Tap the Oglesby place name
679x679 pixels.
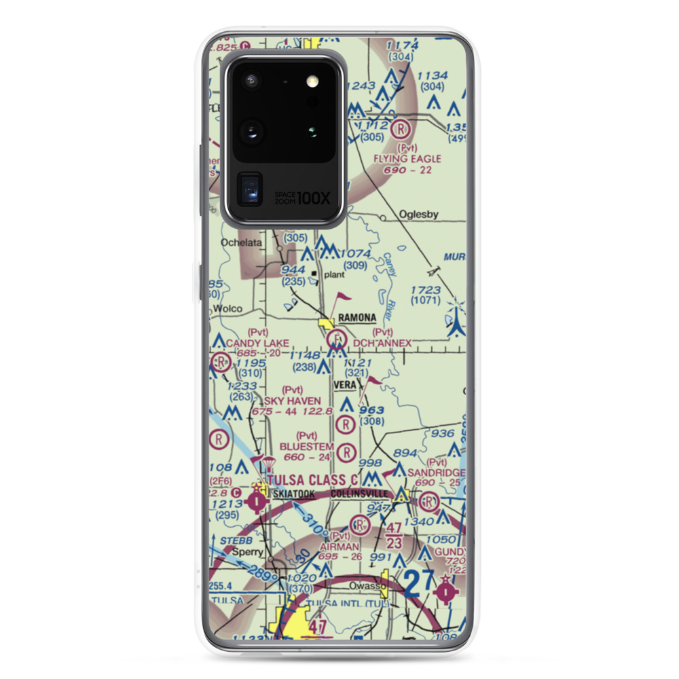point(418,215)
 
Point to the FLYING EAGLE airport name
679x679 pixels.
point(407,159)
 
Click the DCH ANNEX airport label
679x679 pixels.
point(382,344)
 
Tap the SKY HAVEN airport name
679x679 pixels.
point(293,401)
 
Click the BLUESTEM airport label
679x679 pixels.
point(307,446)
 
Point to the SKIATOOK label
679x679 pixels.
point(293,494)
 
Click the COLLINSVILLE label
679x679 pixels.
point(360,494)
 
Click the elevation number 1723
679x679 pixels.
point(426,290)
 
